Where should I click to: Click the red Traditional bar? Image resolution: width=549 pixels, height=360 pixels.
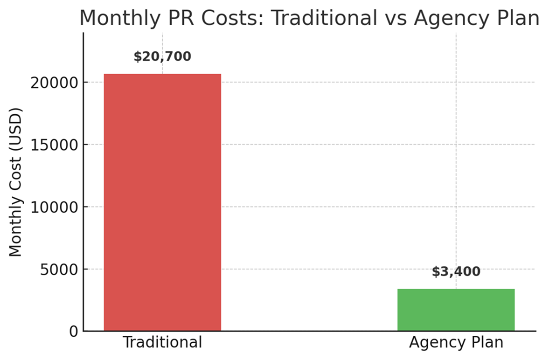pyautogui.click(x=162, y=202)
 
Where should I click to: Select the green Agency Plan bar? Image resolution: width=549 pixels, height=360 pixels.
pyautogui.click(x=456, y=310)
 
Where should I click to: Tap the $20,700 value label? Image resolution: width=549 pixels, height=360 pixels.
pyautogui.click(x=162, y=57)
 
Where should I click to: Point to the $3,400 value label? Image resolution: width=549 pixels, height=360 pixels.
pyautogui.click(x=456, y=272)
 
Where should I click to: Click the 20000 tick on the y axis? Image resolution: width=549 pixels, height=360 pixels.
pyautogui.click(x=53, y=83)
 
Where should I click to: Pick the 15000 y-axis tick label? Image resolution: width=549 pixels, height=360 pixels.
pyautogui.click(x=53, y=145)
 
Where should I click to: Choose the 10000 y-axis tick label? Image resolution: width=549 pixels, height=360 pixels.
pyautogui.click(x=53, y=207)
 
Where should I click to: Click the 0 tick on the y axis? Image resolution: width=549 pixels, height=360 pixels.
pyautogui.click(x=73, y=332)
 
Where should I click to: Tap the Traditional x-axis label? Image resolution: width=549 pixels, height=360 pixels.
pyautogui.click(x=162, y=343)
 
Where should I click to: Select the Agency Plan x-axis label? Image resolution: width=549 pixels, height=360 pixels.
pyautogui.click(x=456, y=343)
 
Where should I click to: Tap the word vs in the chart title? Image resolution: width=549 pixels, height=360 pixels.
pyautogui.click(x=394, y=18)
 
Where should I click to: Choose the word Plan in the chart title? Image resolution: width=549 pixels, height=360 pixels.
pyautogui.click(x=518, y=18)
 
